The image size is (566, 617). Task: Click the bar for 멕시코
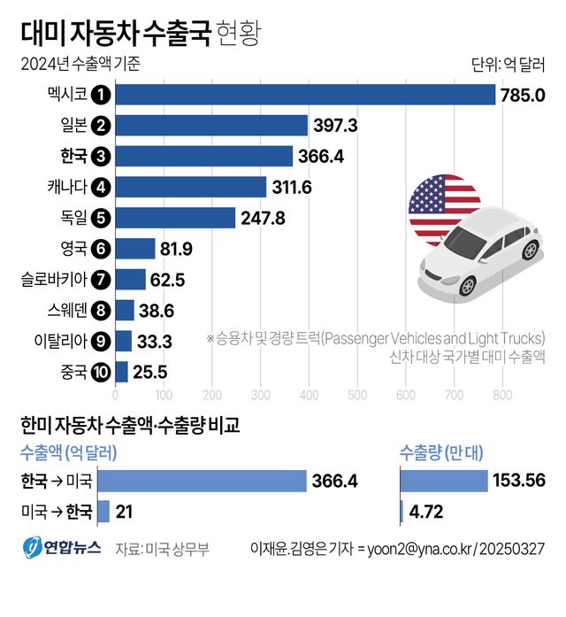(305, 95)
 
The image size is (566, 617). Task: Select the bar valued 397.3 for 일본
(211, 126)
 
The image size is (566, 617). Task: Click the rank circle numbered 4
(102, 187)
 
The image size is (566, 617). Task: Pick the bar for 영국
(135, 249)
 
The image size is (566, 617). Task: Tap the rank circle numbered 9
(102, 341)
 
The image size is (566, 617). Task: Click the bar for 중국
(122, 371)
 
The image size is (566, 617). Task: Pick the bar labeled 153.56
(444, 481)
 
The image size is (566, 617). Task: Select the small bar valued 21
(103, 512)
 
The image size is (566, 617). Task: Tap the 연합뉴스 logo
(61, 549)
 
